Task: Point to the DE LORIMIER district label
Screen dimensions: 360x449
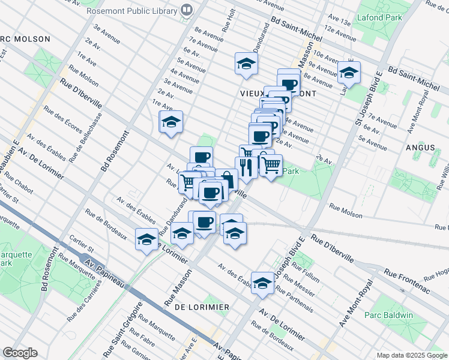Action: (x=202, y=307)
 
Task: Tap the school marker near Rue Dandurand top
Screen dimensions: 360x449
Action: (x=246, y=65)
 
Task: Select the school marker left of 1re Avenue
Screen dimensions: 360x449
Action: (x=171, y=122)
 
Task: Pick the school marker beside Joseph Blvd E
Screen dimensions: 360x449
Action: (x=262, y=284)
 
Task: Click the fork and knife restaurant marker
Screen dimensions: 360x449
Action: (x=247, y=167)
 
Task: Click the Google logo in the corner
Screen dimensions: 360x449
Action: (x=20, y=353)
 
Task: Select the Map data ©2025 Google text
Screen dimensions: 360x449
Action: (x=412, y=355)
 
